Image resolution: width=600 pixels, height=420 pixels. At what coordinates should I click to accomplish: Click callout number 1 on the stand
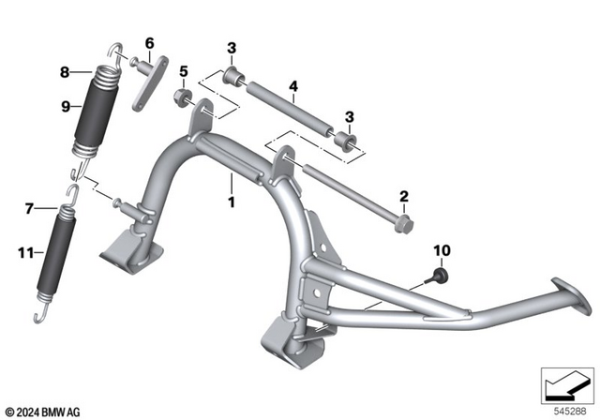(x=230, y=201)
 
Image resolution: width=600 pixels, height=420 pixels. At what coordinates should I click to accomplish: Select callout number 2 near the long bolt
(x=403, y=196)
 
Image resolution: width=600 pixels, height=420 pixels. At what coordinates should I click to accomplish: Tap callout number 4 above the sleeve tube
(x=293, y=86)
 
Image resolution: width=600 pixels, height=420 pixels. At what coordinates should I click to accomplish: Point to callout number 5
(x=184, y=70)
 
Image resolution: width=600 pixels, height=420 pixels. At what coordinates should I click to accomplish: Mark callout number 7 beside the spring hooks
(x=29, y=206)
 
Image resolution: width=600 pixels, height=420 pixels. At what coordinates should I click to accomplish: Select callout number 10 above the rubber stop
(x=440, y=250)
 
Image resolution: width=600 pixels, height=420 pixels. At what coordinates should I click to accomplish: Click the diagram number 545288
(x=575, y=410)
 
